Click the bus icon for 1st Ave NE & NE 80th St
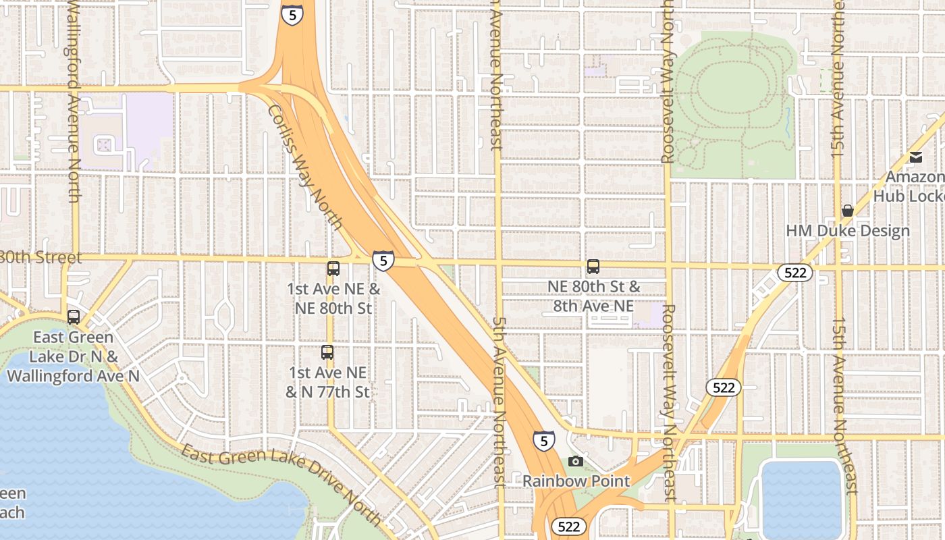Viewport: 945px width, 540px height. point(333,269)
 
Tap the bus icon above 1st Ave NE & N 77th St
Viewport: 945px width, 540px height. point(327,352)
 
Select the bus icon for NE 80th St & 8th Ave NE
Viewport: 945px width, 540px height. point(593,267)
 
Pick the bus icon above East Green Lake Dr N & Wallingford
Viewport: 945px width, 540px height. point(74,317)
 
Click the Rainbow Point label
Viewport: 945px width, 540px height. point(576,481)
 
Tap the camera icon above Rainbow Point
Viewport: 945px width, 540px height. point(576,462)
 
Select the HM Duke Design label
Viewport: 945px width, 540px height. point(848,231)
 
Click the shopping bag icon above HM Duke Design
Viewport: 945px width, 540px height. point(848,211)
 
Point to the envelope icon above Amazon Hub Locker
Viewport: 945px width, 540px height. point(916,157)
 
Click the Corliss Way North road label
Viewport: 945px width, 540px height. point(306,167)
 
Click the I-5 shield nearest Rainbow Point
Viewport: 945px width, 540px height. point(544,440)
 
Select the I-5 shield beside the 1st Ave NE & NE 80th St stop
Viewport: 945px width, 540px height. point(383,261)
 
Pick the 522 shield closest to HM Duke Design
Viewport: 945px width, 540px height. point(795,273)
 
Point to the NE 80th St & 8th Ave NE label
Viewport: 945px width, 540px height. point(593,296)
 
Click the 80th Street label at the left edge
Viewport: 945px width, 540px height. point(40,258)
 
